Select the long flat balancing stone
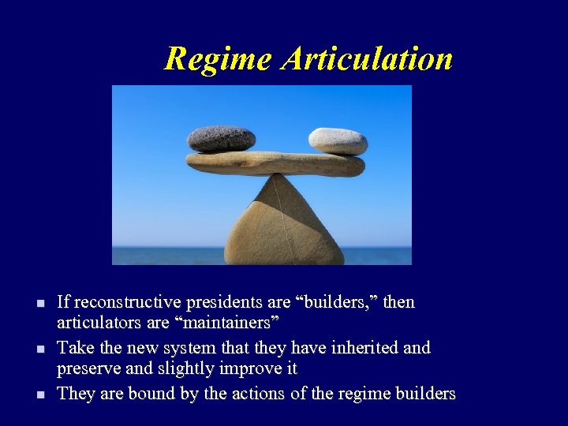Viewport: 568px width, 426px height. click(x=275, y=163)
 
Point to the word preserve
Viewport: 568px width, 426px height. click(x=88, y=369)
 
